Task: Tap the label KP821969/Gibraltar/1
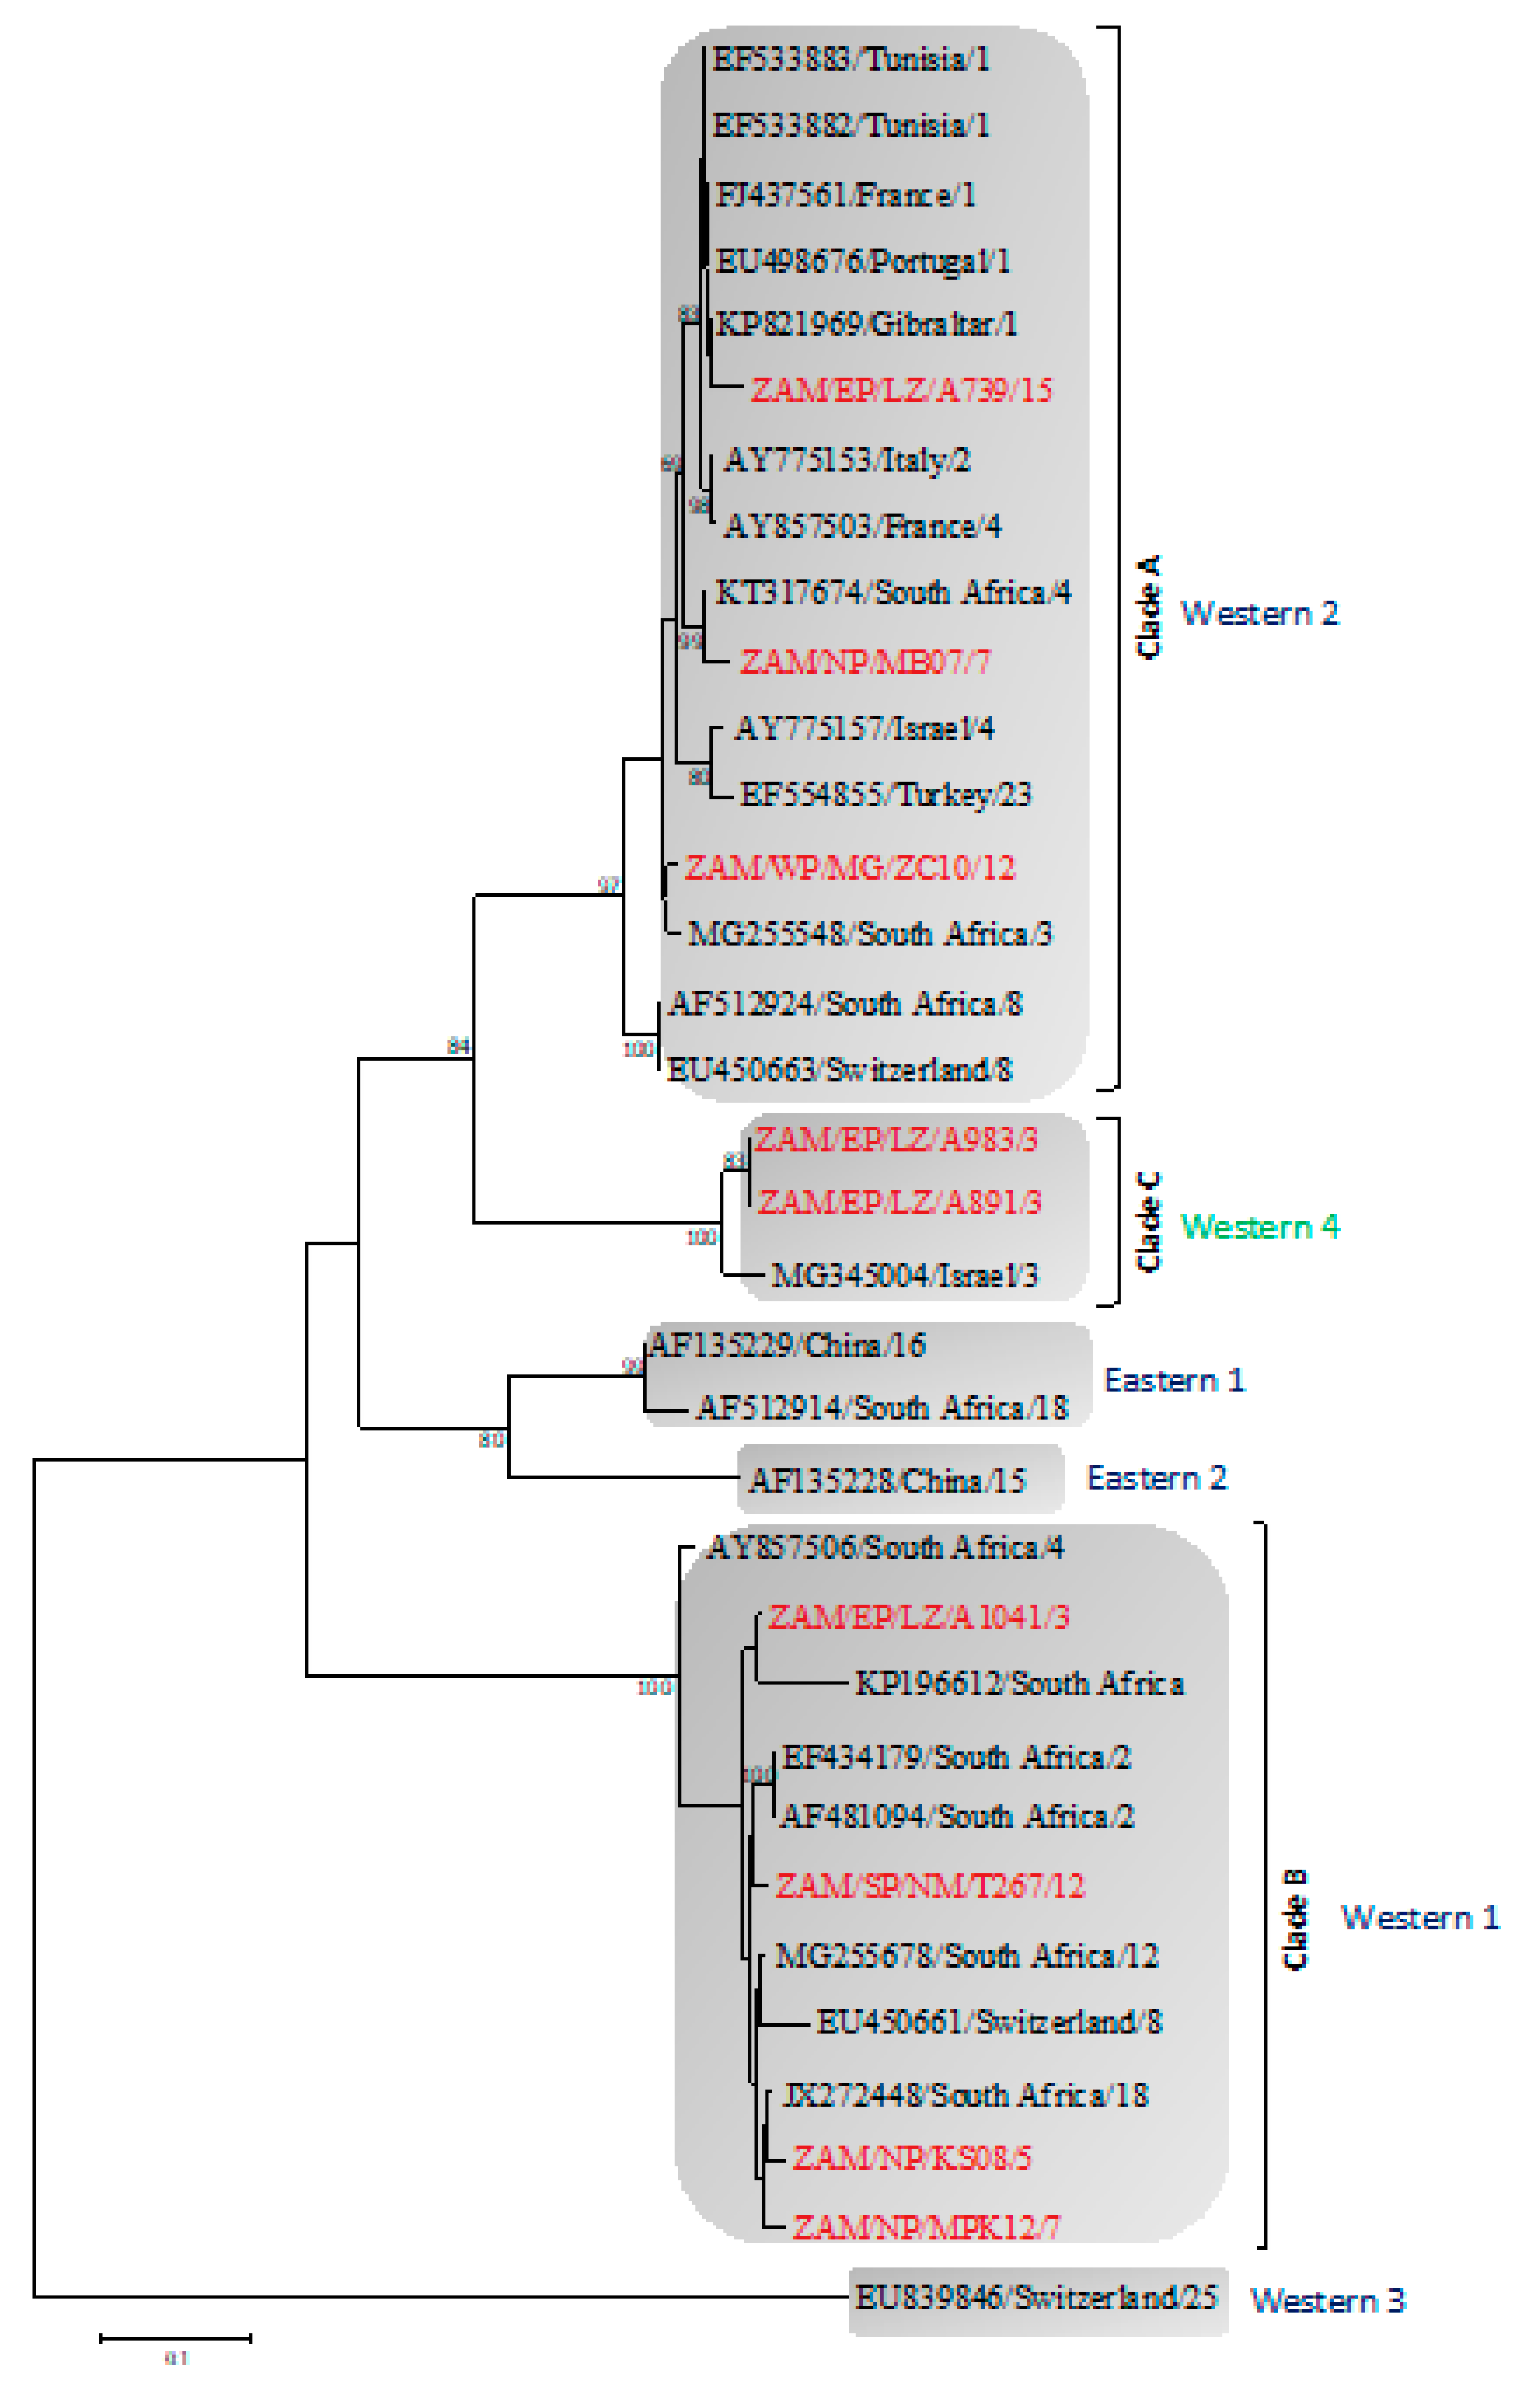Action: point(866,325)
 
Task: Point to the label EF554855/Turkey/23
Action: point(885,794)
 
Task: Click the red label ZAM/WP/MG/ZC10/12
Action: point(849,868)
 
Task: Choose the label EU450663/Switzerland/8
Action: point(839,1069)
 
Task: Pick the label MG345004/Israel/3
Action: point(903,1275)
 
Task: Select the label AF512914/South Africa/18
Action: point(880,1408)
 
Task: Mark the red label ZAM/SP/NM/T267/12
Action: point(928,1886)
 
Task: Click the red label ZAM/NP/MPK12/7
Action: point(925,2227)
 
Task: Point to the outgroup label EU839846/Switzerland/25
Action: point(1035,2297)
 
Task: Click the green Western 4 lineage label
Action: point(1260,1226)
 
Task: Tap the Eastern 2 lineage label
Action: point(1156,1478)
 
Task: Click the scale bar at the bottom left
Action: point(175,2338)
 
